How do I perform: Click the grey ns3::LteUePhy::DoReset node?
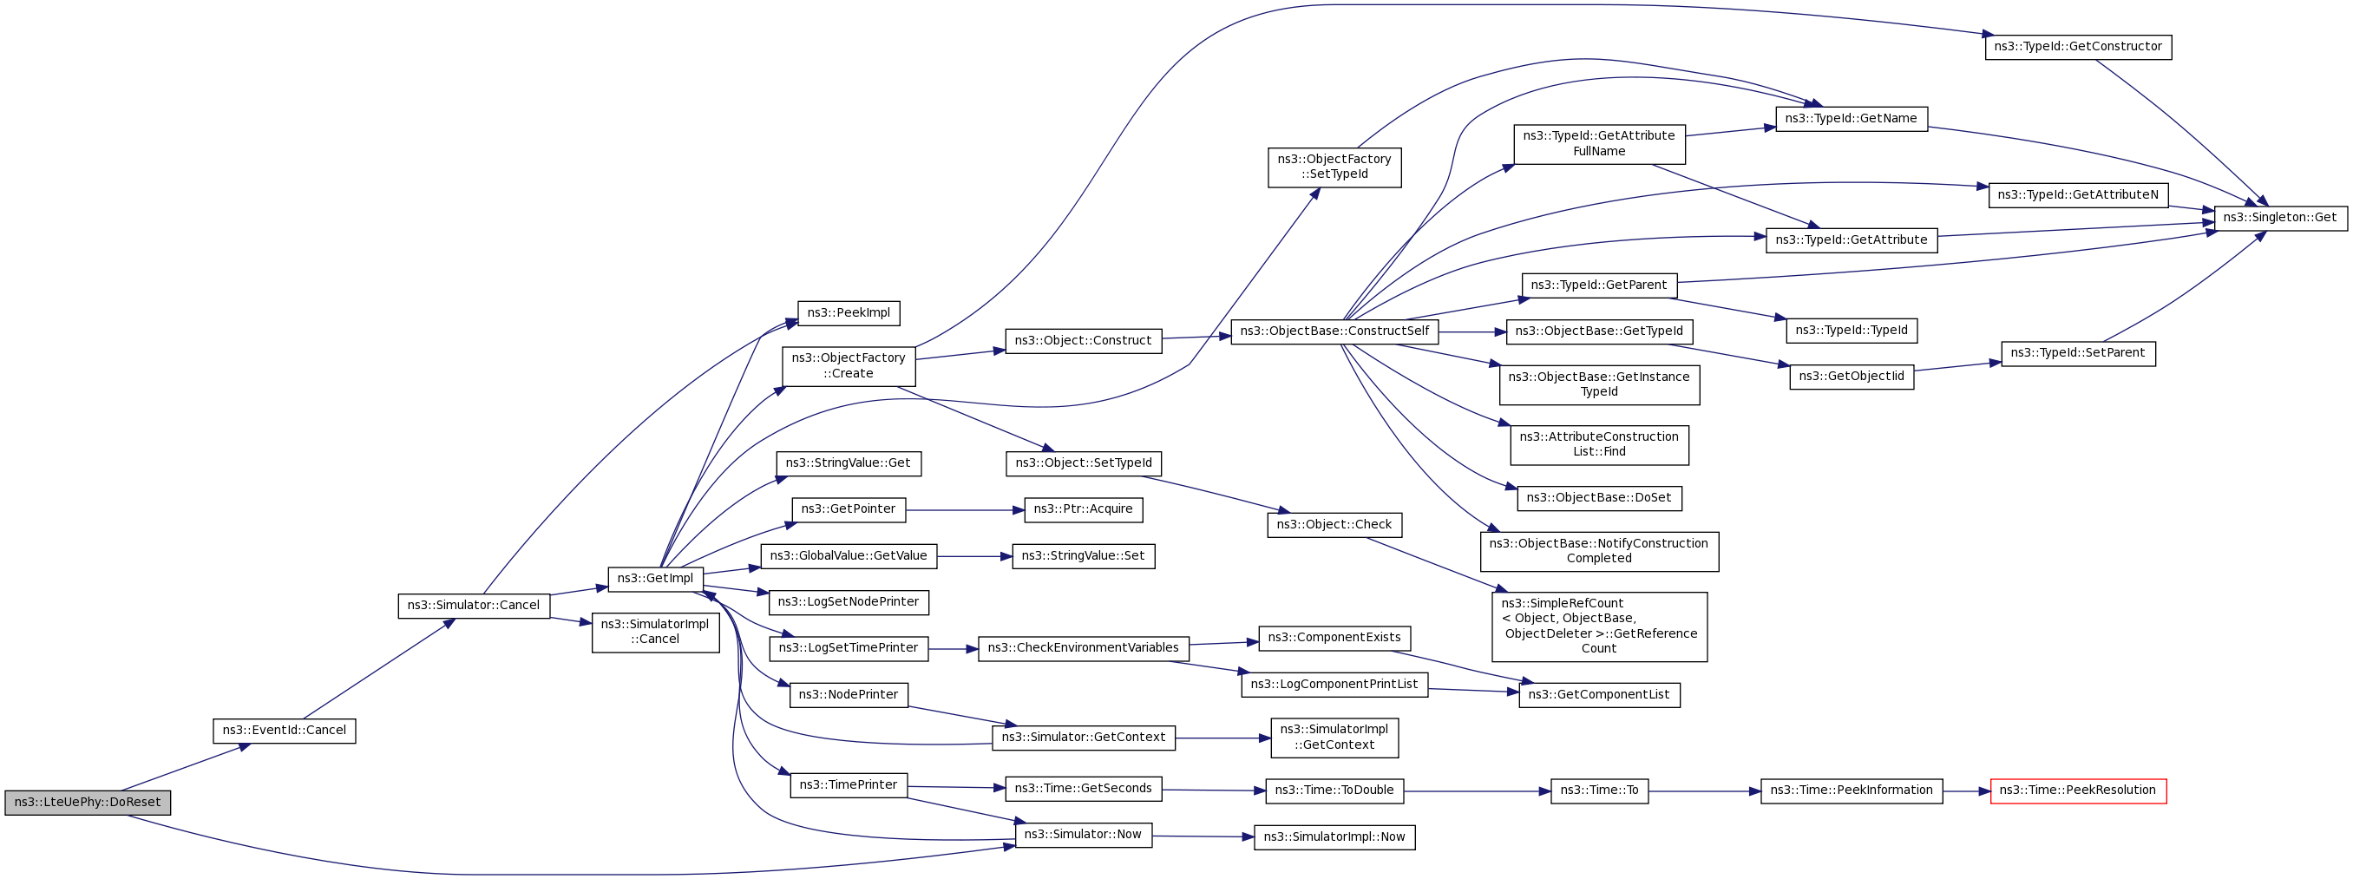coord(88,803)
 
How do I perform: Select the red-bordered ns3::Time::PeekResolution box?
coord(2077,790)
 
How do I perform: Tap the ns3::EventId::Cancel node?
coord(284,730)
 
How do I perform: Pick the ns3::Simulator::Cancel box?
coord(473,605)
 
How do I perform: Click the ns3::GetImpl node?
coord(655,579)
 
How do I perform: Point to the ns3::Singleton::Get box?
coord(2279,218)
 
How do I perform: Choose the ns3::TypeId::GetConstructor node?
coord(2077,47)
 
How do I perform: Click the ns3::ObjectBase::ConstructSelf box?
coord(1334,331)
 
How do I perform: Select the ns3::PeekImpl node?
coord(848,312)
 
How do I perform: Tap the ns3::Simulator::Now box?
coord(1083,834)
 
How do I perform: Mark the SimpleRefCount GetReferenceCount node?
coord(1598,626)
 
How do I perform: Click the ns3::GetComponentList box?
coord(1598,694)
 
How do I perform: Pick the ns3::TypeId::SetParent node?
coord(2077,352)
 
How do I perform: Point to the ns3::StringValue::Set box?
coord(1083,555)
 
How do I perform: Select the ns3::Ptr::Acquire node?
coord(1083,509)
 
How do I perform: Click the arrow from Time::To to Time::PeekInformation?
coord(1703,791)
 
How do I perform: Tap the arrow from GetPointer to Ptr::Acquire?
coord(964,510)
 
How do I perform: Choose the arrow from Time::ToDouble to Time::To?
coord(1475,791)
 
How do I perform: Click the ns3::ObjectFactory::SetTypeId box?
coord(1334,167)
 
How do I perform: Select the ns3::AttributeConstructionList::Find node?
coord(1598,444)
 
